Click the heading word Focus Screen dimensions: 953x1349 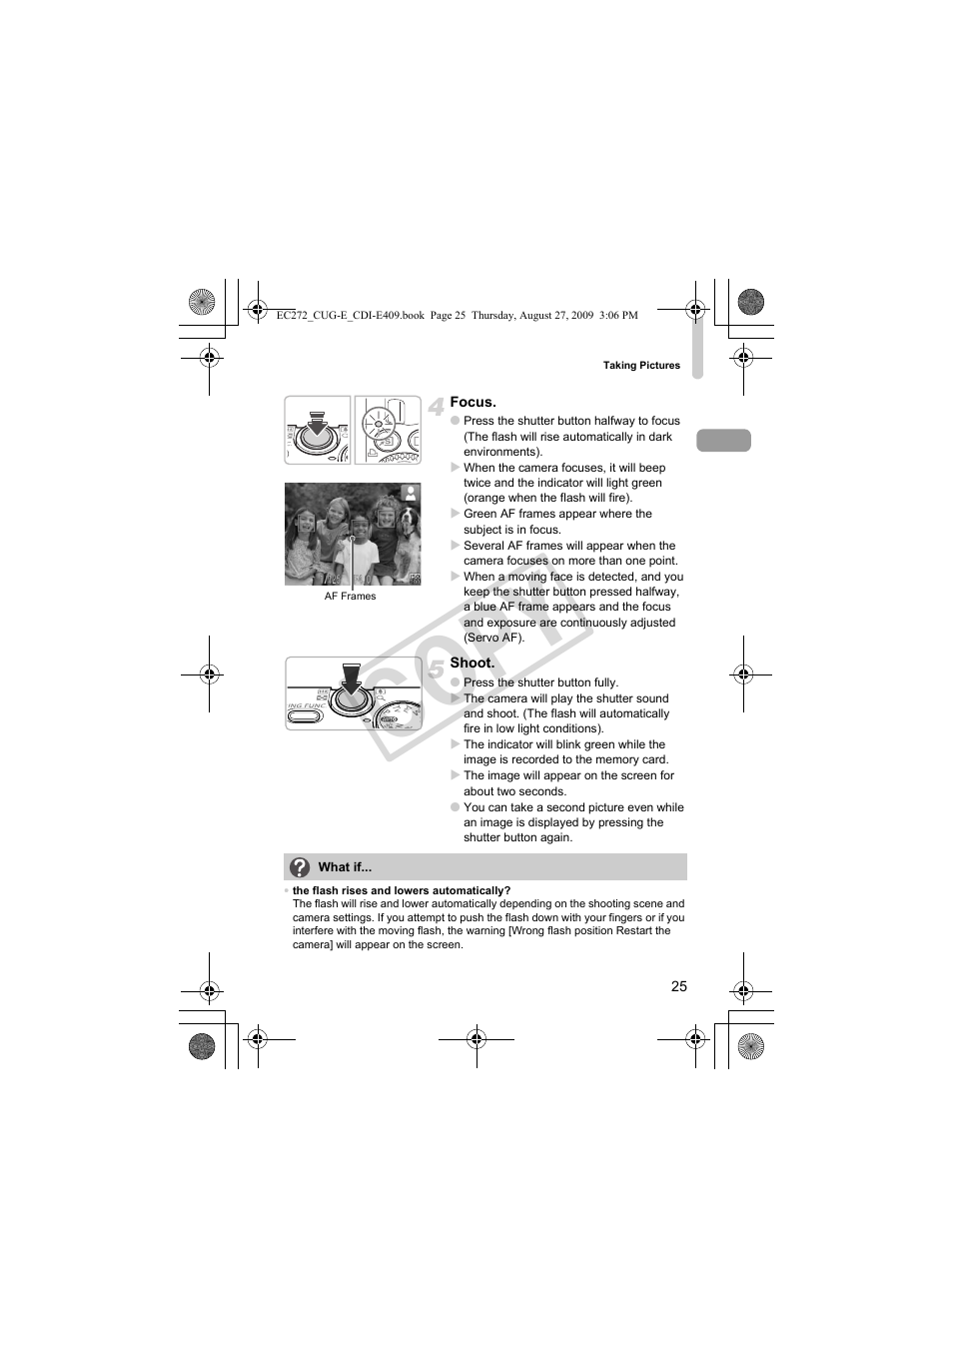pyautogui.click(x=473, y=402)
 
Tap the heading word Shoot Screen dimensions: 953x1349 pyautogui.click(x=472, y=663)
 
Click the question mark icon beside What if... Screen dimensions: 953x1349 pyautogui.click(x=300, y=866)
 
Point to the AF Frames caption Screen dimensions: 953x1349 pyautogui.click(x=350, y=596)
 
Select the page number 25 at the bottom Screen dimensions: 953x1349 pyautogui.click(x=678, y=986)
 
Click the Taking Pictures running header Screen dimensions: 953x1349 pyautogui.click(x=641, y=365)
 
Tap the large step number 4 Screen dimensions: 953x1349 pyautogui.click(x=436, y=407)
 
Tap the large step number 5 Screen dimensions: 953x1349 pyautogui.click(x=436, y=669)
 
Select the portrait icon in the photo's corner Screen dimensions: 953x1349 pyautogui.click(x=411, y=493)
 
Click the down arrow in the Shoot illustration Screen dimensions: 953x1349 pyautogui.click(x=351, y=678)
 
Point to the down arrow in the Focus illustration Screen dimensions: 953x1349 pyautogui.click(x=317, y=423)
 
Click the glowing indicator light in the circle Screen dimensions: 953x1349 pyautogui.click(x=378, y=424)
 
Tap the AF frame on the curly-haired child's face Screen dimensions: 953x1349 pyautogui.click(x=386, y=519)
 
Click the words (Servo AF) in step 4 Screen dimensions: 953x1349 pyautogui.click(x=494, y=638)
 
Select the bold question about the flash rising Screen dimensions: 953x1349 pyautogui.click(x=402, y=890)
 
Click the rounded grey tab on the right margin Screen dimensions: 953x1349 pyautogui.click(x=723, y=441)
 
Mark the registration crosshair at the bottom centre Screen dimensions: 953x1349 pyautogui.click(x=476, y=1039)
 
